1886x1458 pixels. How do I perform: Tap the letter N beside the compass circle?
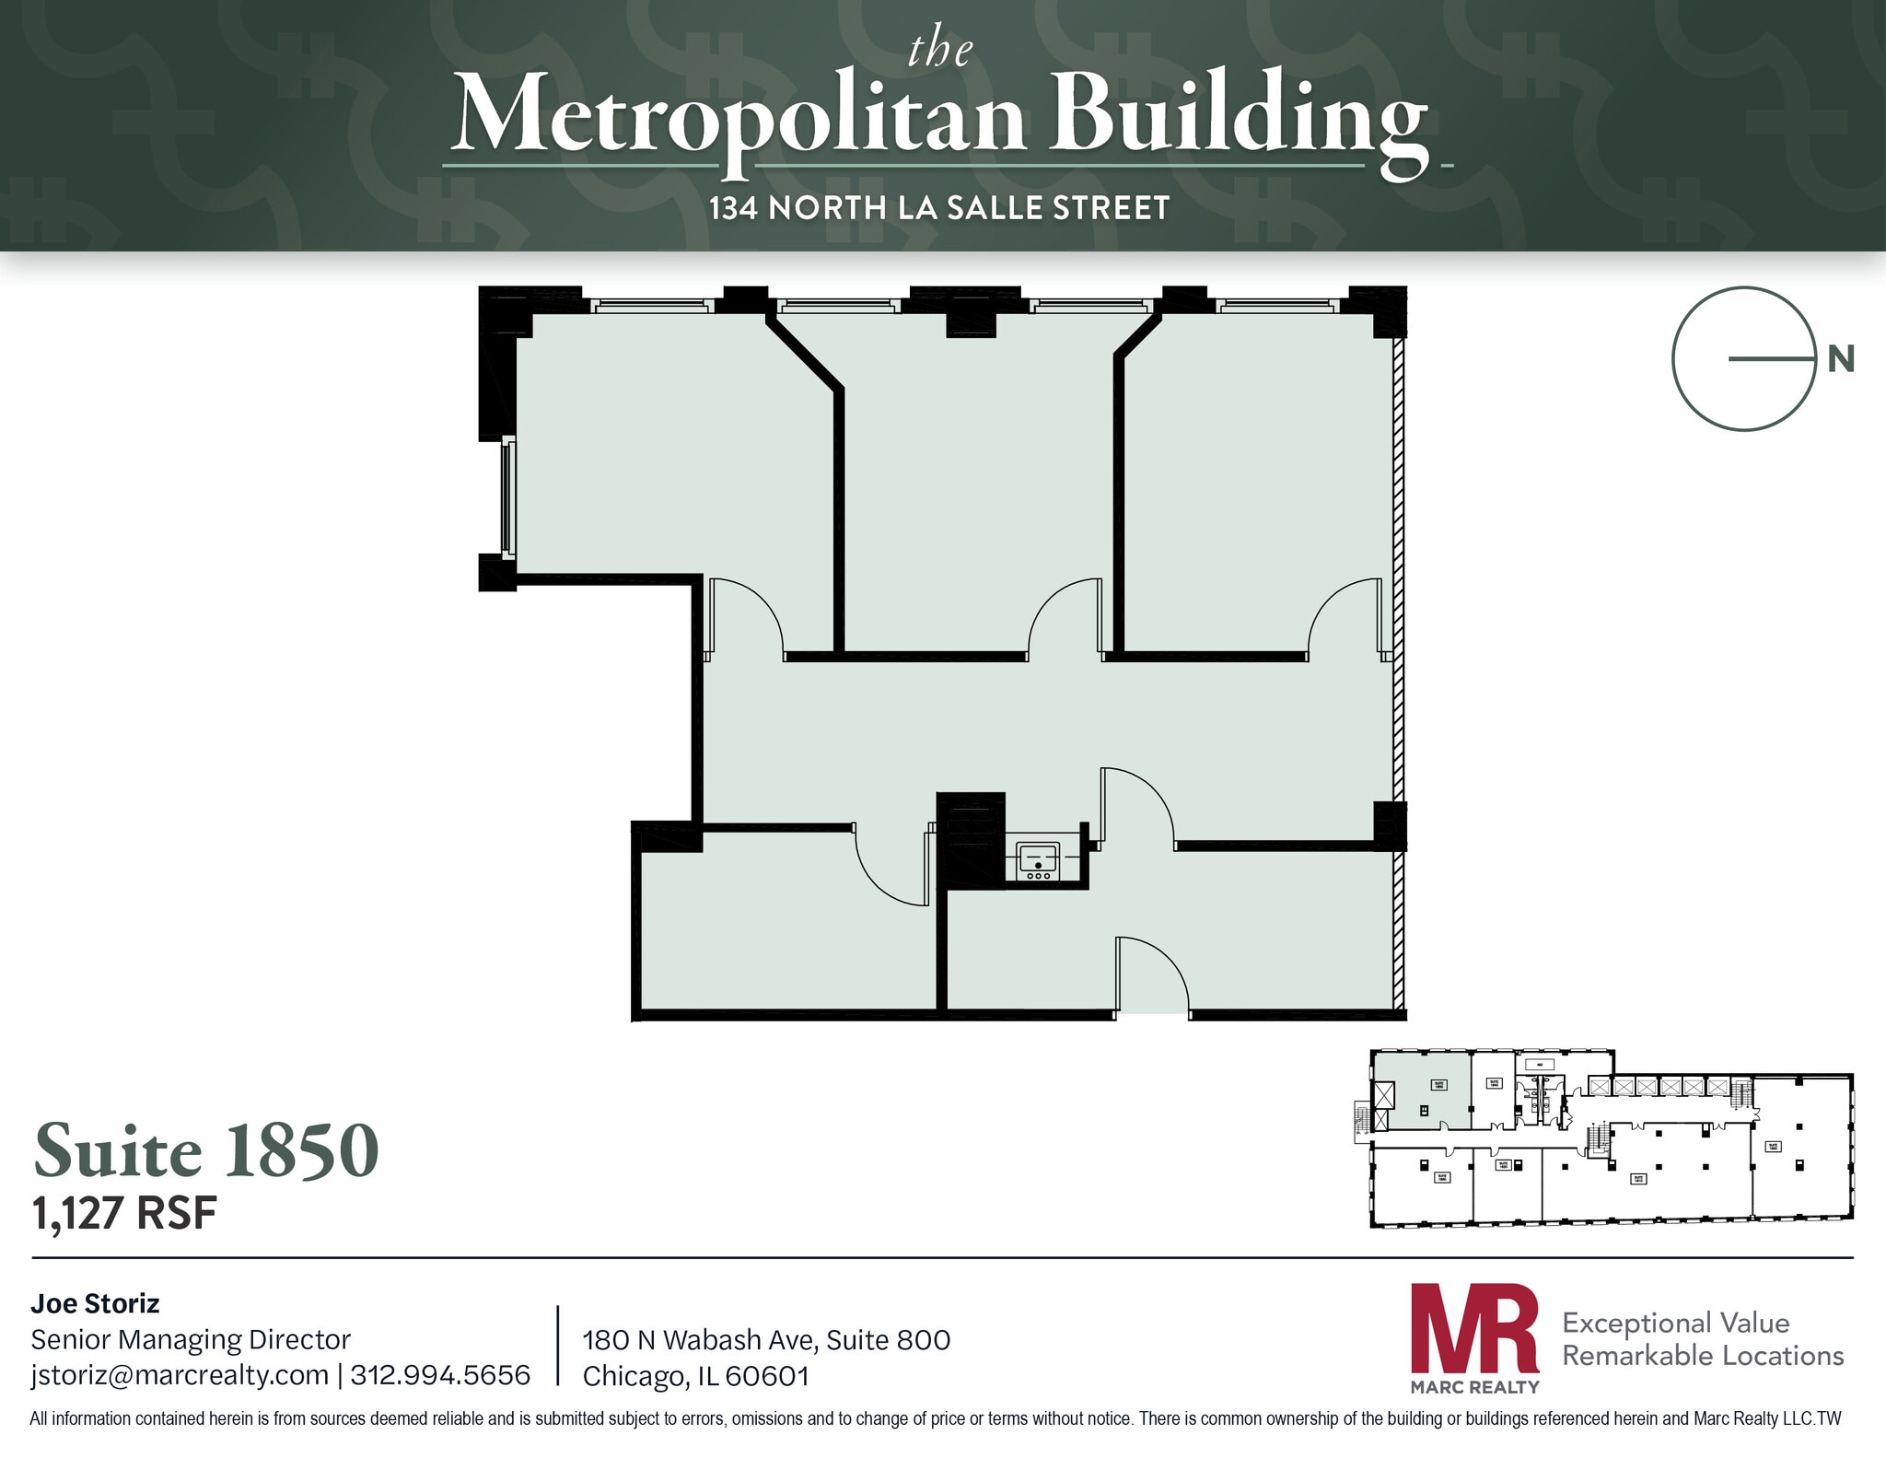[x=1840, y=359]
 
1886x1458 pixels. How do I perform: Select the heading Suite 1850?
[x=206, y=1150]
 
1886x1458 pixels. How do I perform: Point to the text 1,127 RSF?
[x=124, y=1214]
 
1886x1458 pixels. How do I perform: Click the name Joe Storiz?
[x=95, y=1303]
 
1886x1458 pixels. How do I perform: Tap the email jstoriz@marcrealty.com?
[x=180, y=1375]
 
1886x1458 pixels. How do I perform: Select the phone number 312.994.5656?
[x=440, y=1375]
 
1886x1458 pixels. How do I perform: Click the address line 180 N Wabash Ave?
[x=766, y=1340]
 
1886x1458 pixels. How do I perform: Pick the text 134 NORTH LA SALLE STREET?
[x=938, y=208]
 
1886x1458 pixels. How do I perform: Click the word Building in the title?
[x=1239, y=115]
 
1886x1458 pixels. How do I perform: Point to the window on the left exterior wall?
[x=508, y=498]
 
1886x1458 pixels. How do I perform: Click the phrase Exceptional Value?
[x=1675, y=1323]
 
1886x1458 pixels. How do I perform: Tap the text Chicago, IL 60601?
[x=695, y=1376]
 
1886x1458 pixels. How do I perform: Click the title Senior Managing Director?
[x=191, y=1339]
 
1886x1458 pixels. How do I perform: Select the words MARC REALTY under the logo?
[x=1474, y=1387]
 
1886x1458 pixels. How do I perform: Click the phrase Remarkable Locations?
[x=1703, y=1356]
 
